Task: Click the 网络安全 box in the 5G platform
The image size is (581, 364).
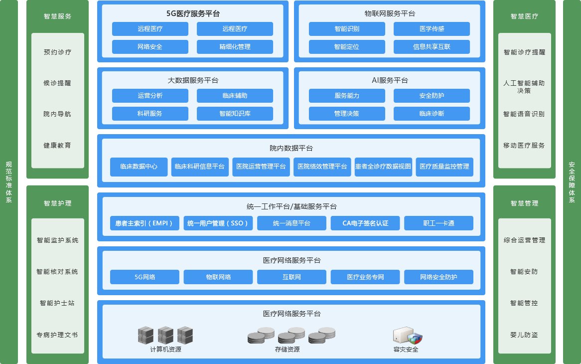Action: pos(150,47)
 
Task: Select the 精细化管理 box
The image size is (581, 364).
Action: pos(235,47)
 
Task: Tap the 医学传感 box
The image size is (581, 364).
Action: pos(432,29)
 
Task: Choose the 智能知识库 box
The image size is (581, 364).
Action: pos(235,114)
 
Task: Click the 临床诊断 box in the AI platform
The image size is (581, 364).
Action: pos(432,114)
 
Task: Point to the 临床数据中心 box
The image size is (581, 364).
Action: pos(139,167)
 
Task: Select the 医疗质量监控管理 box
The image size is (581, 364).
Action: pos(444,167)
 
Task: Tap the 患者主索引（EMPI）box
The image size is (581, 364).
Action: pos(145,223)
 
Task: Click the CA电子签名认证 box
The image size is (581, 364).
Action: pos(365,223)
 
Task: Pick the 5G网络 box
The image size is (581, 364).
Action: pos(145,277)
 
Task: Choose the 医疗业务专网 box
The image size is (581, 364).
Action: pos(365,277)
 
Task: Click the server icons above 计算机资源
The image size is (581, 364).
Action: pos(165,335)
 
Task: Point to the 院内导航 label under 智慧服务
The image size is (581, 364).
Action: pos(57,114)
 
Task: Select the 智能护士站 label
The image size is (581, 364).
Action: pos(57,303)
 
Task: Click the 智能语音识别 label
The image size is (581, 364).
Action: pos(524,114)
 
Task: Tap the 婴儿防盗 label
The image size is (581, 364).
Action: pos(524,335)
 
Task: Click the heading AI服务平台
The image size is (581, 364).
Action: pos(390,80)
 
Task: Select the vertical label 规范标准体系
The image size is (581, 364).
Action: pos(8,182)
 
